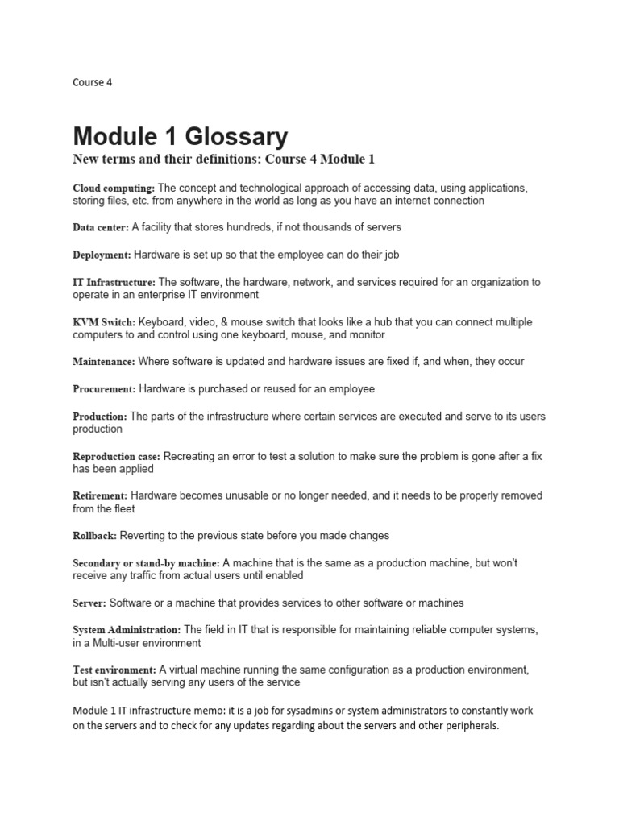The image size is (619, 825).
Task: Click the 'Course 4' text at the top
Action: click(x=93, y=81)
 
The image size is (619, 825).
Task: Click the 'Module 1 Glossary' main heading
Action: click(x=180, y=135)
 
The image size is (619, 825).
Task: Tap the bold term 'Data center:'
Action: click(x=101, y=228)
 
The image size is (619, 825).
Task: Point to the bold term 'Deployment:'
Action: click(x=102, y=255)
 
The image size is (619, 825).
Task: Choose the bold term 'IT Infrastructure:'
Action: click(x=114, y=283)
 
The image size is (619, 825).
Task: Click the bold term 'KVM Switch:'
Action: click(x=104, y=322)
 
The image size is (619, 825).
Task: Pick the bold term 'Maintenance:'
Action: click(x=105, y=362)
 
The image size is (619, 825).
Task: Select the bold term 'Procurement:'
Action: click(x=105, y=389)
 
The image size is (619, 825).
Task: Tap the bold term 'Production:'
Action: click(x=100, y=417)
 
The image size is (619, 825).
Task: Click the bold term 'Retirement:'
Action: click(x=100, y=495)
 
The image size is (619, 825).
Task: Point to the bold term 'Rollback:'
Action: click(x=95, y=536)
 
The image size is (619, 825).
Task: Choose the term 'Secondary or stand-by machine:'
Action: click(x=146, y=563)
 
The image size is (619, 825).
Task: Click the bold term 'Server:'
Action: click(x=89, y=603)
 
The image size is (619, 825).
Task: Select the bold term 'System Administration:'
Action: click(x=127, y=629)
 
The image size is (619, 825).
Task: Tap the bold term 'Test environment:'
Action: click(x=114, y=670)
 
